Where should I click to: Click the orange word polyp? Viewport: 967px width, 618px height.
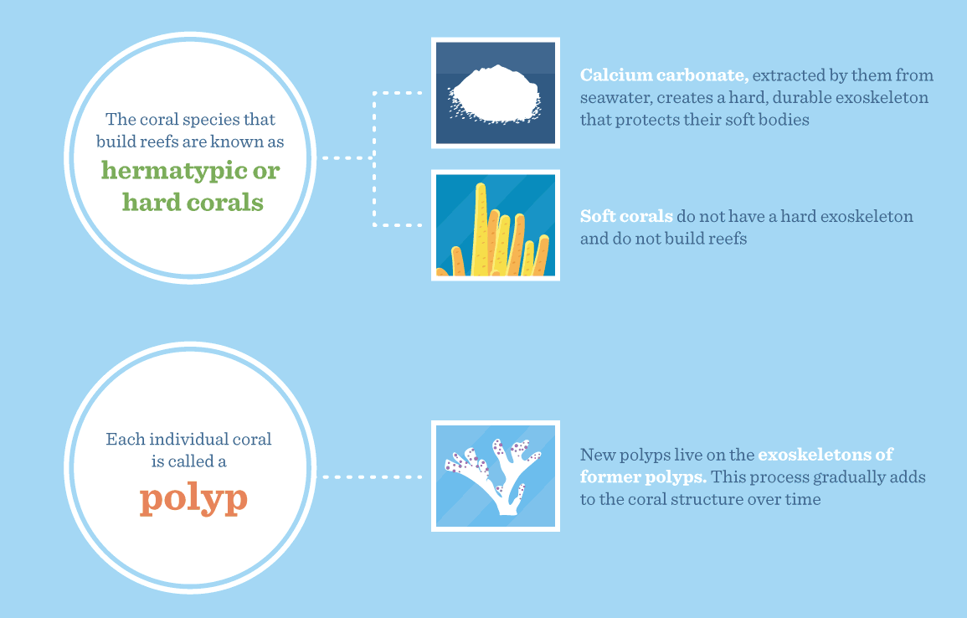click(193, 500)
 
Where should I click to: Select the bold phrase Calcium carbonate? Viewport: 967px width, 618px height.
click(664, 75)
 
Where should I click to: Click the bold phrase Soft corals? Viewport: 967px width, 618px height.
click(626, 216)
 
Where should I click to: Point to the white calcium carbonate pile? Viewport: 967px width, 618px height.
click(495, 94)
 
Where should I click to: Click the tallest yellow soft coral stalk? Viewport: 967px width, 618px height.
click(480, 229)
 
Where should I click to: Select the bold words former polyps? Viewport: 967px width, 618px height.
click(643, 476)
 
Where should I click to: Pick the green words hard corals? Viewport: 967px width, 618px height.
click(193, 203)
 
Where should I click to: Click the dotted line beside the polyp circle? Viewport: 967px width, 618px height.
click(372, 476)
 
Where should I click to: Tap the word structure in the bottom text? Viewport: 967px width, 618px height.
click(708, 499)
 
